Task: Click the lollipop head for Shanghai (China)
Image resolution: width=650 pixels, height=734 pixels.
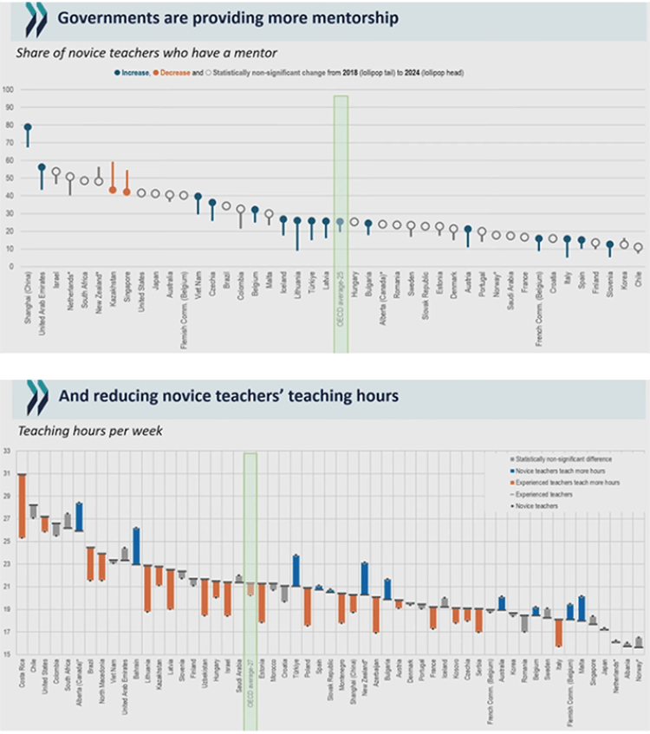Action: coord(28,127)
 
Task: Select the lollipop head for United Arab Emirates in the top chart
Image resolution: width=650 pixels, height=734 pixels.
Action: coord(42,167)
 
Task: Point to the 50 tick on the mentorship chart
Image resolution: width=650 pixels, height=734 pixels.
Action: coord(8,178)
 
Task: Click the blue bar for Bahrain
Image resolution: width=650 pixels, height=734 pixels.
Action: coord(136,546)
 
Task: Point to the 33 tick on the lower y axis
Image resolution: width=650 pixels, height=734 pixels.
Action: coord(7,451)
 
